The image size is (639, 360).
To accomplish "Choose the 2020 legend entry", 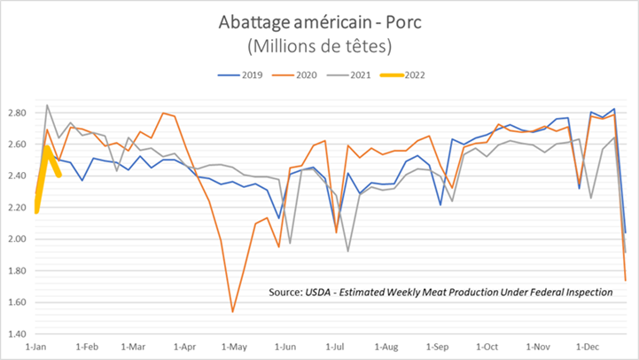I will tap(298, 74).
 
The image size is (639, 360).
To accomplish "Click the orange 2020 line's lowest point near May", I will tap(232, 311).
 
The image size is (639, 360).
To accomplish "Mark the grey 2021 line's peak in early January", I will tap(47, 106).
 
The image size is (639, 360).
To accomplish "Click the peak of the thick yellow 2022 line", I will tap(47, 146).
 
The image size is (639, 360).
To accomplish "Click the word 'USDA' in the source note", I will tap(323, 292).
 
